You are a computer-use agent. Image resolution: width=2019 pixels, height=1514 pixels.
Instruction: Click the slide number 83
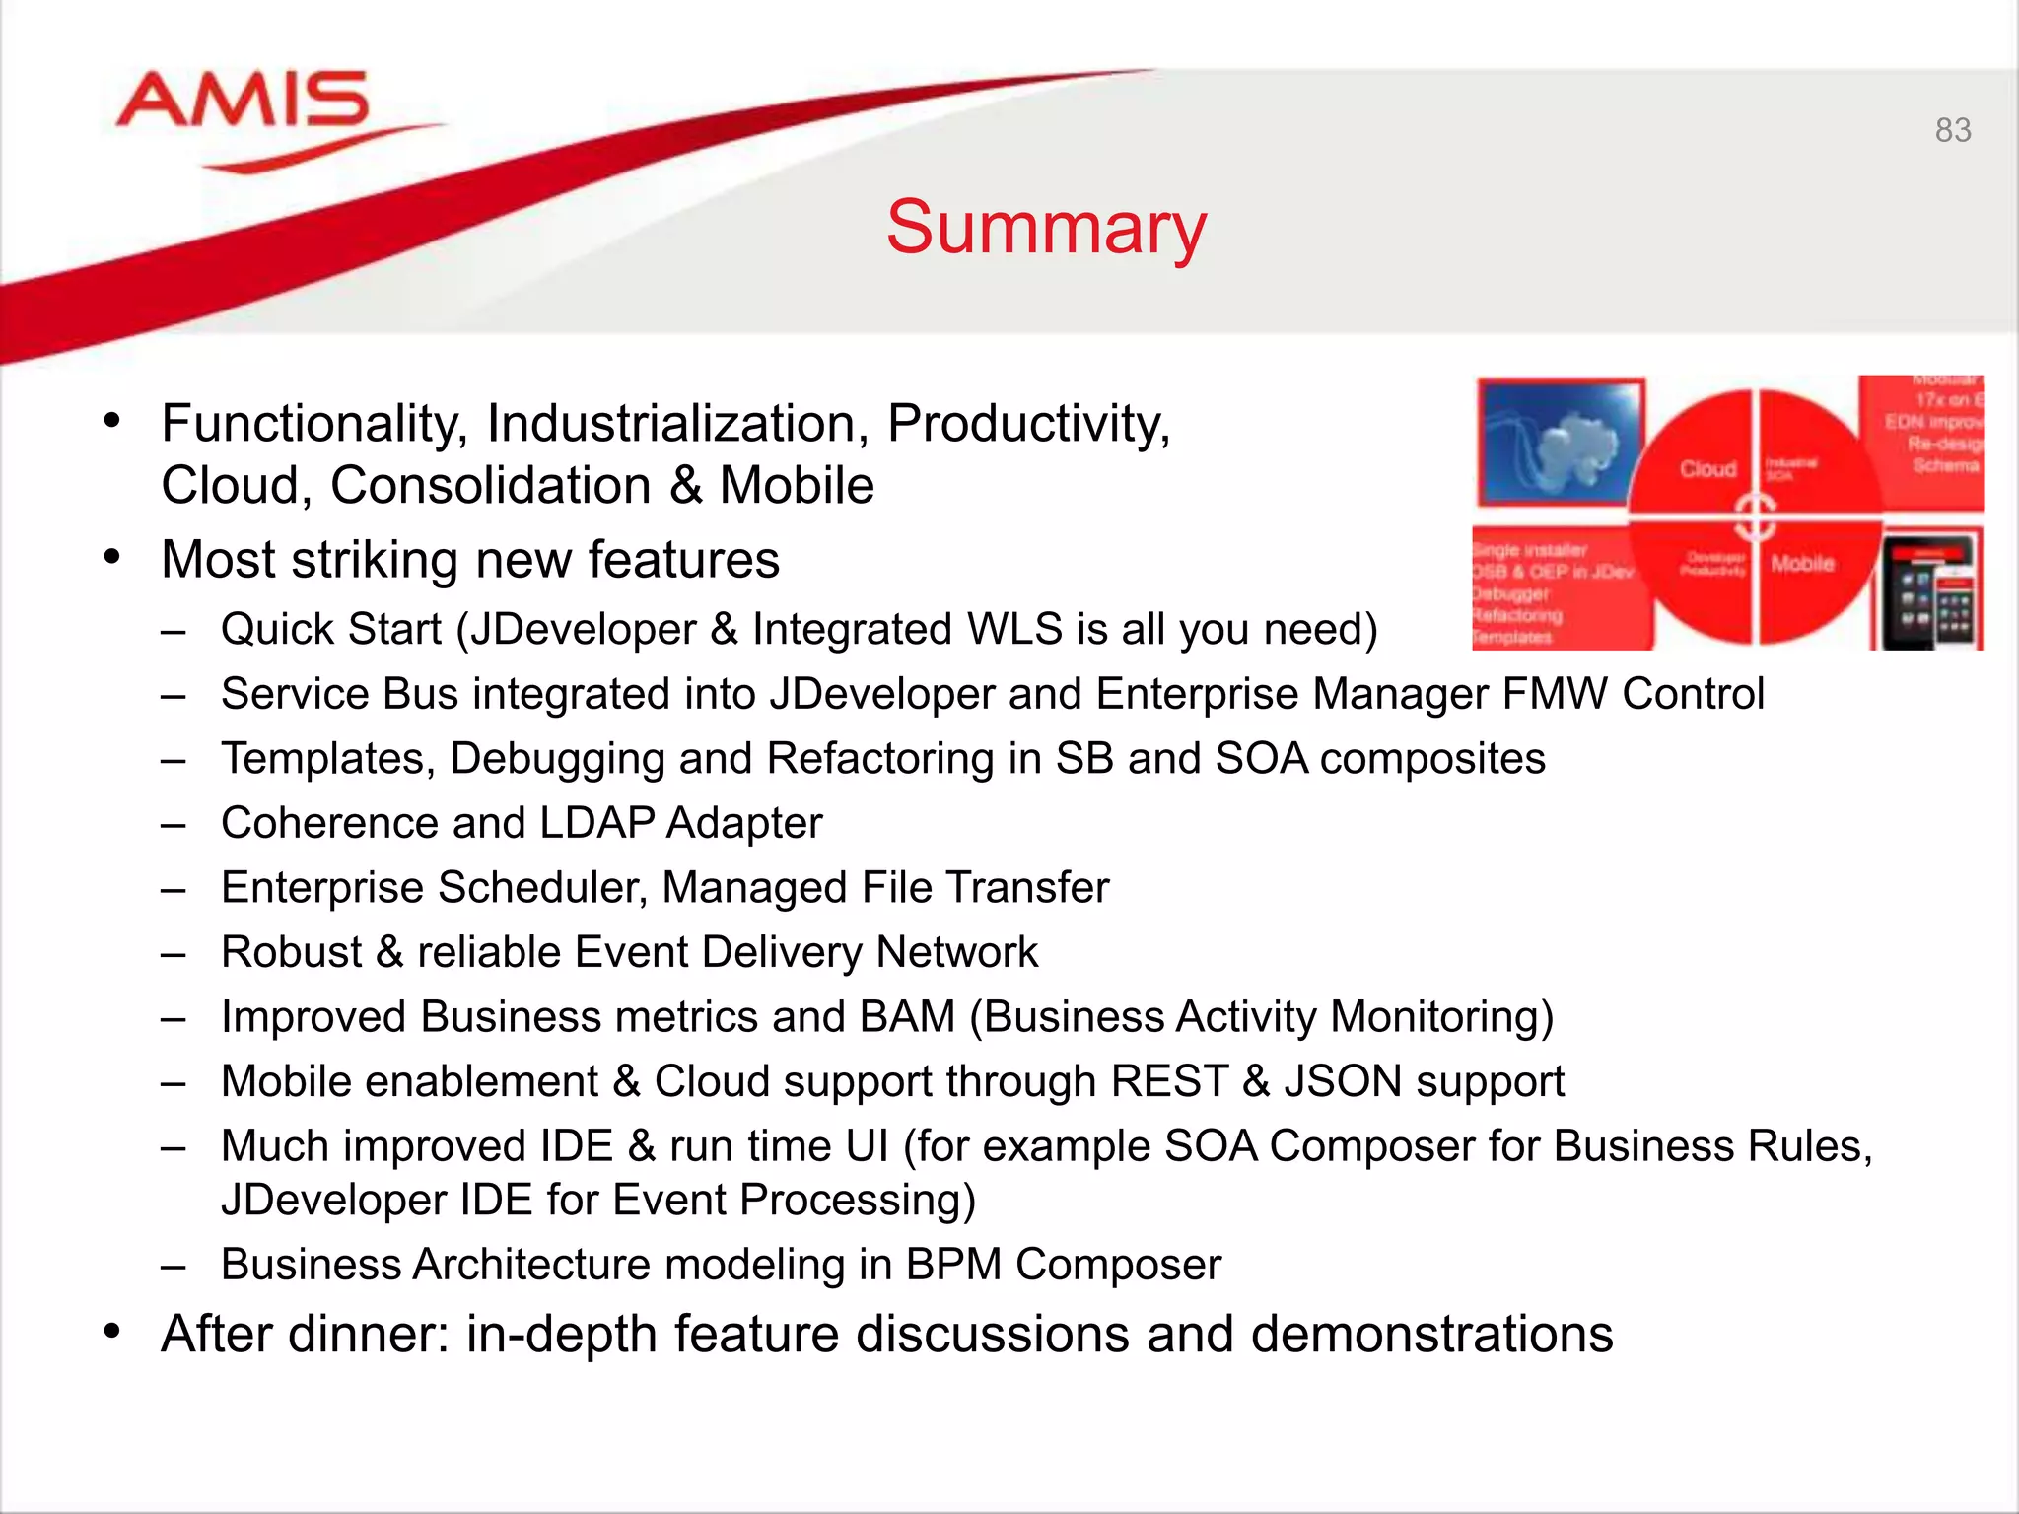click(x=1952, y=130)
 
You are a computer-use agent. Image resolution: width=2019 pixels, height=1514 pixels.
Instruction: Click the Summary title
click(x=1046, y=228)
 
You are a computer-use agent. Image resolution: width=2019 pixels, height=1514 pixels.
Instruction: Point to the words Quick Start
click(x=331, y=630)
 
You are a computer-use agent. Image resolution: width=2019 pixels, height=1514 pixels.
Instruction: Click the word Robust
click(x=292, y=953)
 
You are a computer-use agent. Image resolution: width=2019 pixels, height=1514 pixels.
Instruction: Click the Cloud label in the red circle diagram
click(x=1707, y=469)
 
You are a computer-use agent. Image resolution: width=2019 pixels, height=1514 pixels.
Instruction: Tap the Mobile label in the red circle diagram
click(x=1801, y=564)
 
